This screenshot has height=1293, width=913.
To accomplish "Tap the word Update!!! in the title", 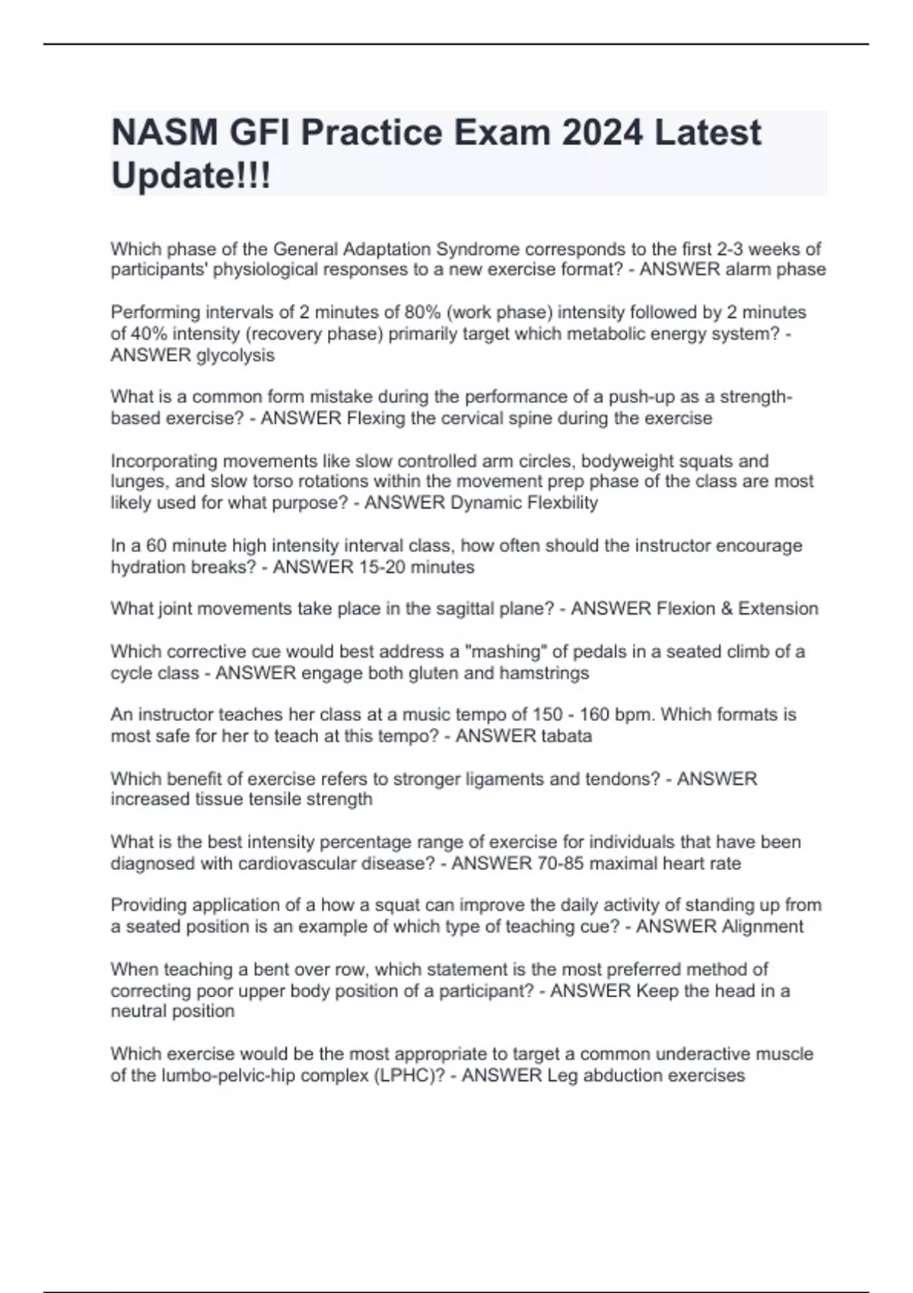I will coord(190,176).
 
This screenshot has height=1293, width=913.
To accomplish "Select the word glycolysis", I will coord(235,355).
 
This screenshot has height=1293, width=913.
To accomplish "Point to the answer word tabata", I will coord(566,735).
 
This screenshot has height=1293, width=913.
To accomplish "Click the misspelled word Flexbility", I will coord(562,503).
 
